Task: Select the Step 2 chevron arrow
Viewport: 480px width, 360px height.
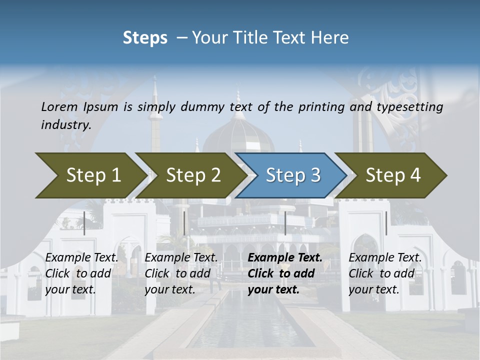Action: point(192,175)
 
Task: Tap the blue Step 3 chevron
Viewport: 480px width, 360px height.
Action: point(292,175)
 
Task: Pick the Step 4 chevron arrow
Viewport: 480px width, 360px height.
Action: point(392,175)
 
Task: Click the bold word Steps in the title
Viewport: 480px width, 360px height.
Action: point(145,38)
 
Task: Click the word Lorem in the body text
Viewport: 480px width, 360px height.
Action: point(59,106)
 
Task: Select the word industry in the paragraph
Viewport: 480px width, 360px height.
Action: point(65,124)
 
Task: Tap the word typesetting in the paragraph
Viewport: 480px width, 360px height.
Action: point(409,107)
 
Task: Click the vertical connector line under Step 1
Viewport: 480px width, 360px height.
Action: point(84,223)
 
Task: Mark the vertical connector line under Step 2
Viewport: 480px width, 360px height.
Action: point(184,223)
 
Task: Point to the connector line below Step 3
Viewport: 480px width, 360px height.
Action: point(285,223)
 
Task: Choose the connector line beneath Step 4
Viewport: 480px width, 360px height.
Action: point(386,223)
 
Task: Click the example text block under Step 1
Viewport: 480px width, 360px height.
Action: point(81,273)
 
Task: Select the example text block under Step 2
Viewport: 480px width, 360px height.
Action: point(181,273)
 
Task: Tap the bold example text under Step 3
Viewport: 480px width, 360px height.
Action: point(284,273)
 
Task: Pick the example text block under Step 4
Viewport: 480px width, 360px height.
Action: point(385,273)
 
